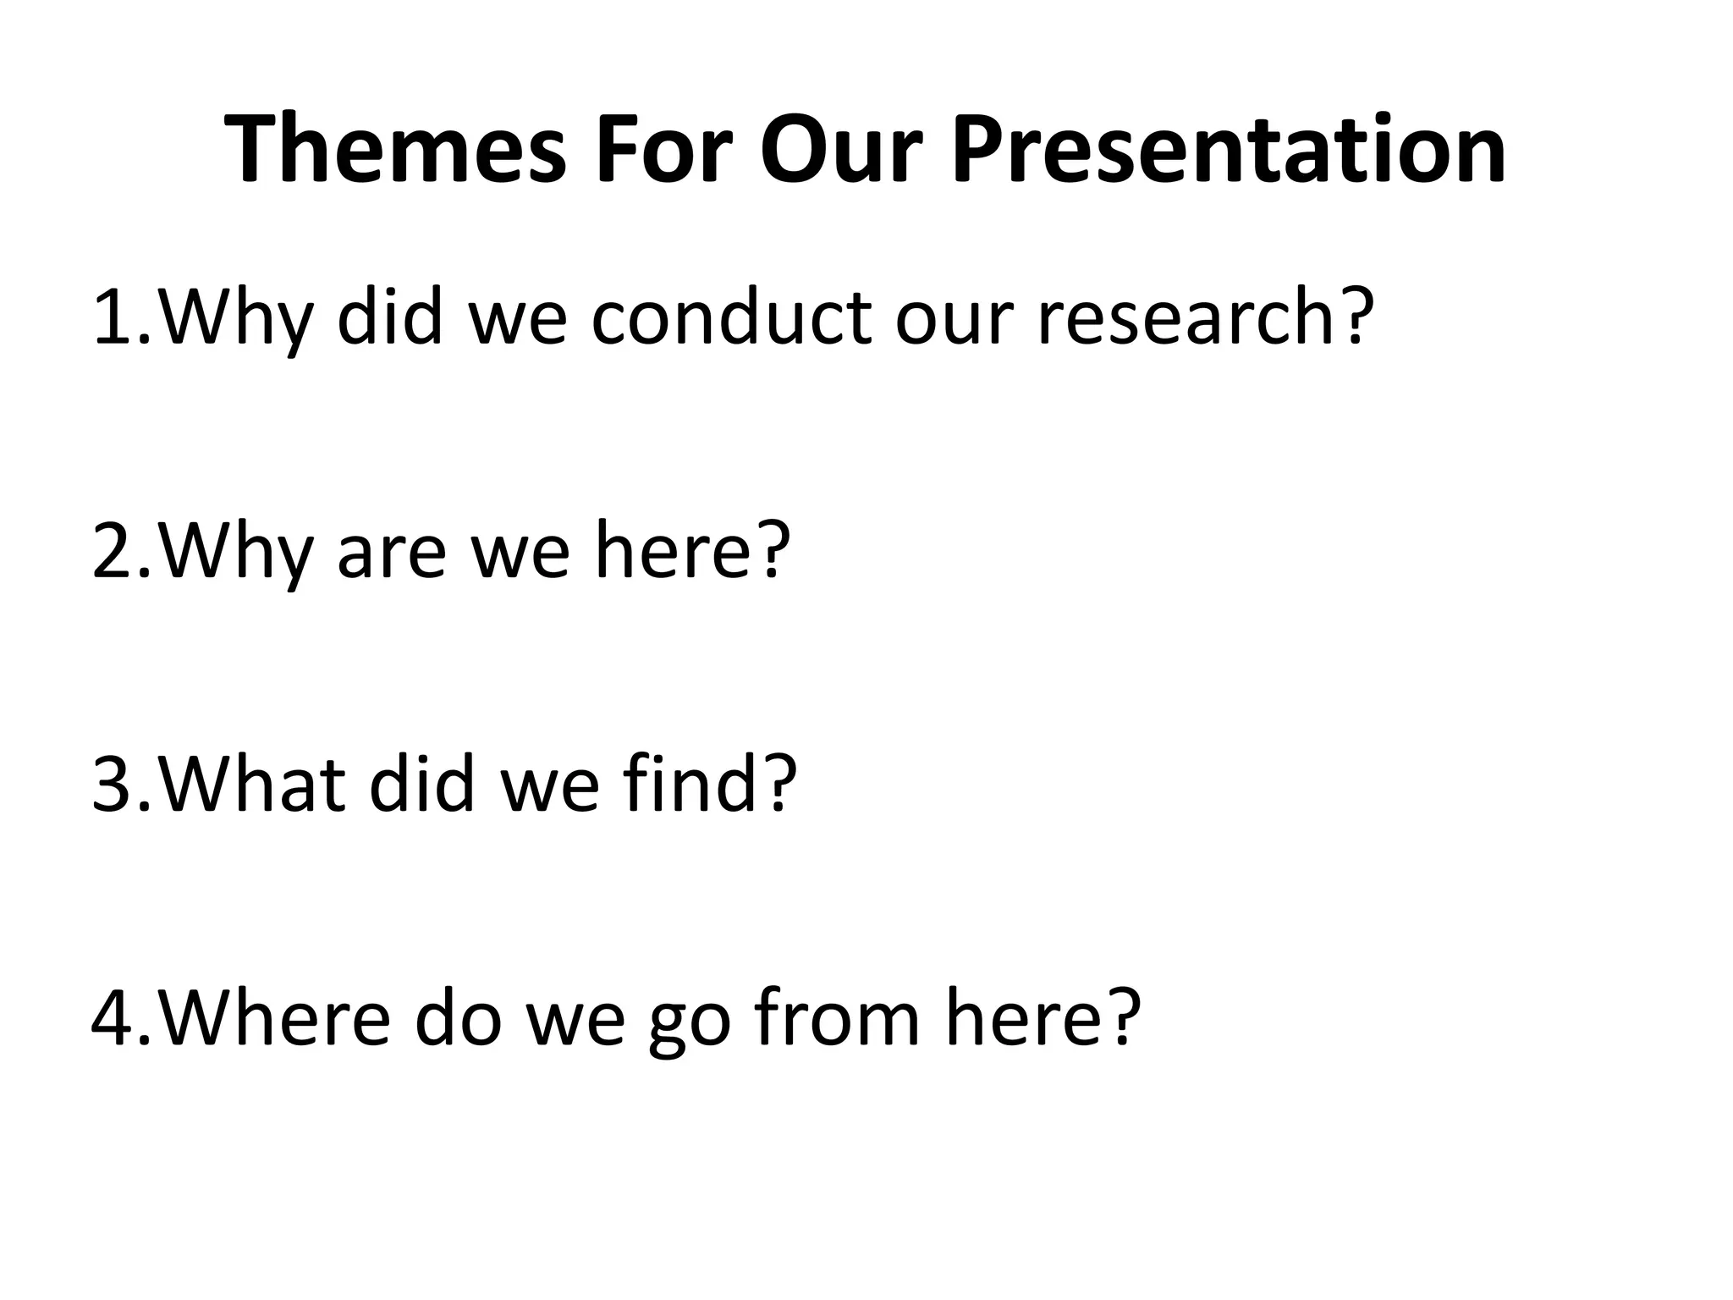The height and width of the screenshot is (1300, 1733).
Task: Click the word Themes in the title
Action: click(394, 151)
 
